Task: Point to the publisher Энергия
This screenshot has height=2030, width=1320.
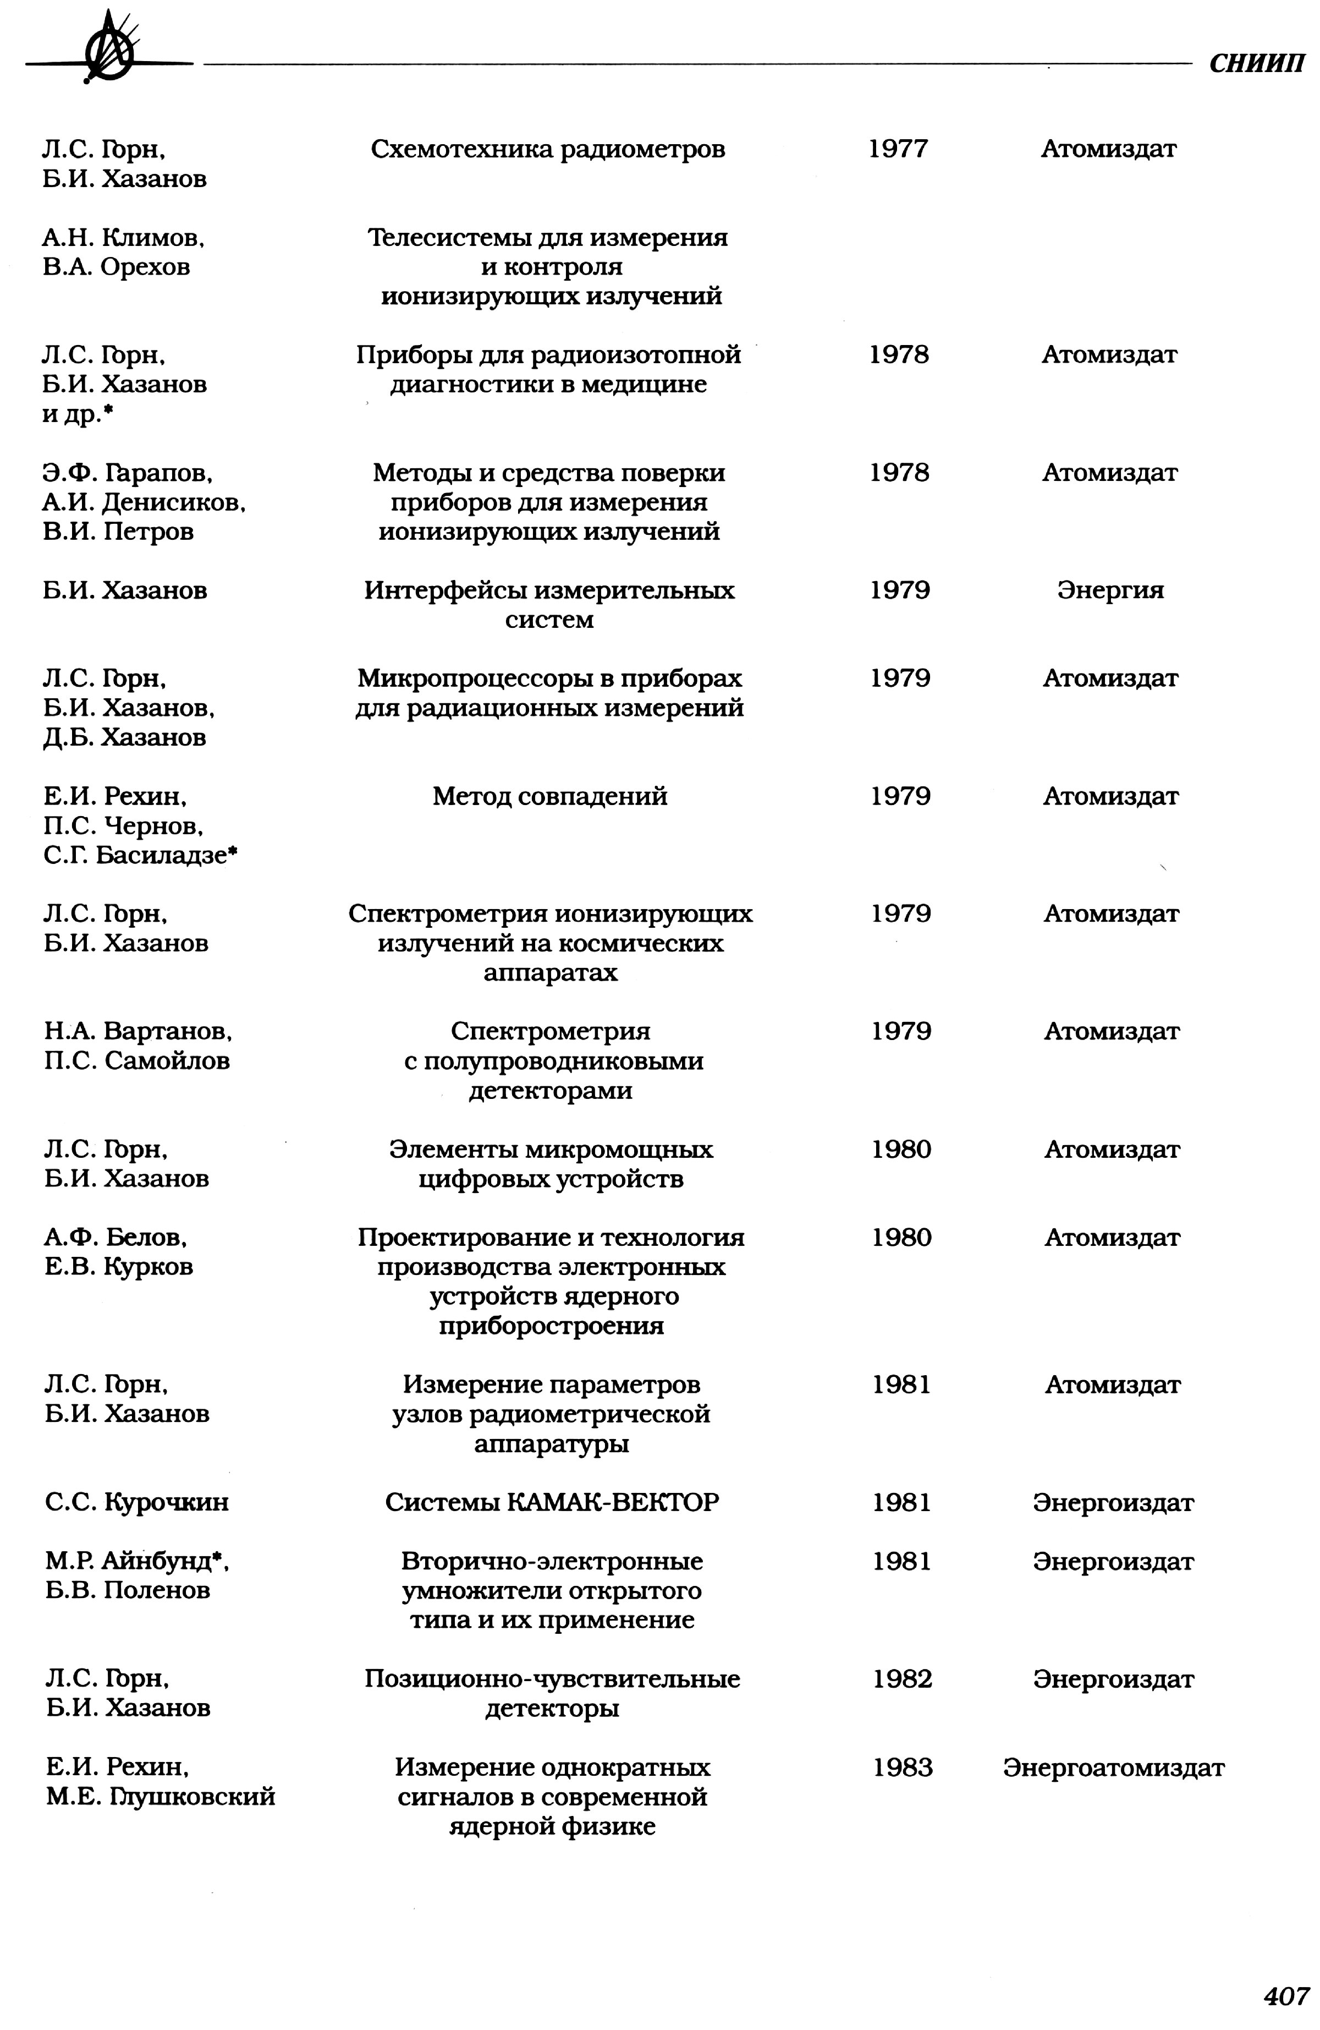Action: [x=1110, y=590]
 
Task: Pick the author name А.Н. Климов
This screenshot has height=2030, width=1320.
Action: [x=124, y=238]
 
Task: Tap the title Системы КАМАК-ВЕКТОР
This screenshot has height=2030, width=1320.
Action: [x=552, y=1502]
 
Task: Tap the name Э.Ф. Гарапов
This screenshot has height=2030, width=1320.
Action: [x=127, y=473]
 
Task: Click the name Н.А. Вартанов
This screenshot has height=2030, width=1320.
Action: [x=137, y=1032]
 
